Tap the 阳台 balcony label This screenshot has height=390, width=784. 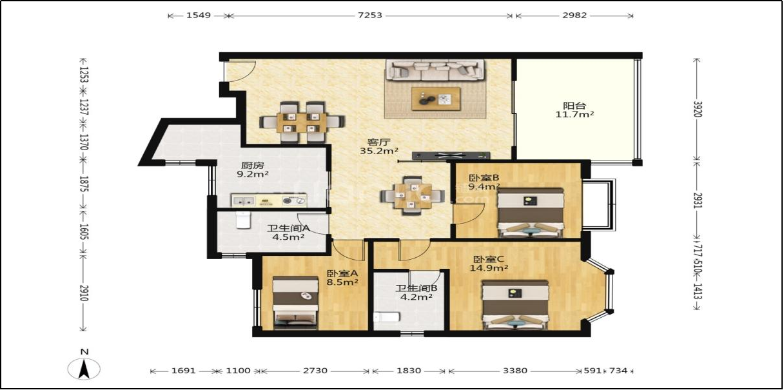click(574, 105)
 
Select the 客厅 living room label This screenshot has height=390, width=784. click(378, 142)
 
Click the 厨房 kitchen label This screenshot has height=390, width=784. click(252, 165)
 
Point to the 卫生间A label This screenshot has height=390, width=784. click(288, 228)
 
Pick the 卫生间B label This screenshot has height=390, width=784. click(416, 288)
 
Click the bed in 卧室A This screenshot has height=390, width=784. click(295, 302)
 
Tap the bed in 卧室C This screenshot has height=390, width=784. click(515, 304)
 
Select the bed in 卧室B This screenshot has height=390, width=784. click(531, 213)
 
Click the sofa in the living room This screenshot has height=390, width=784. click(435, 70)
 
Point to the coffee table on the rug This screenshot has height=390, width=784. click(436, 99)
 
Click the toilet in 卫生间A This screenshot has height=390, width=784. click(243, 220)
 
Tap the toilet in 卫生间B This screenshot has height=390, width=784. click(386, 318)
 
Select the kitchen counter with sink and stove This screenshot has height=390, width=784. click(269, 200)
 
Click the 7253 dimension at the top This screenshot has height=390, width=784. click(369, 15)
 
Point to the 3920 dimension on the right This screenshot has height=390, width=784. click(697, 109)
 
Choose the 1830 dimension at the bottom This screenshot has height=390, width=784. click(409, 371)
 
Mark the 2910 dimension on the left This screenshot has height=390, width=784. click(83, 293)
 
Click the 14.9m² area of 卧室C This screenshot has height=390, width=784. click(489, 268)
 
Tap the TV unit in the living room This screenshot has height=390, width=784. click(451, 156)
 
